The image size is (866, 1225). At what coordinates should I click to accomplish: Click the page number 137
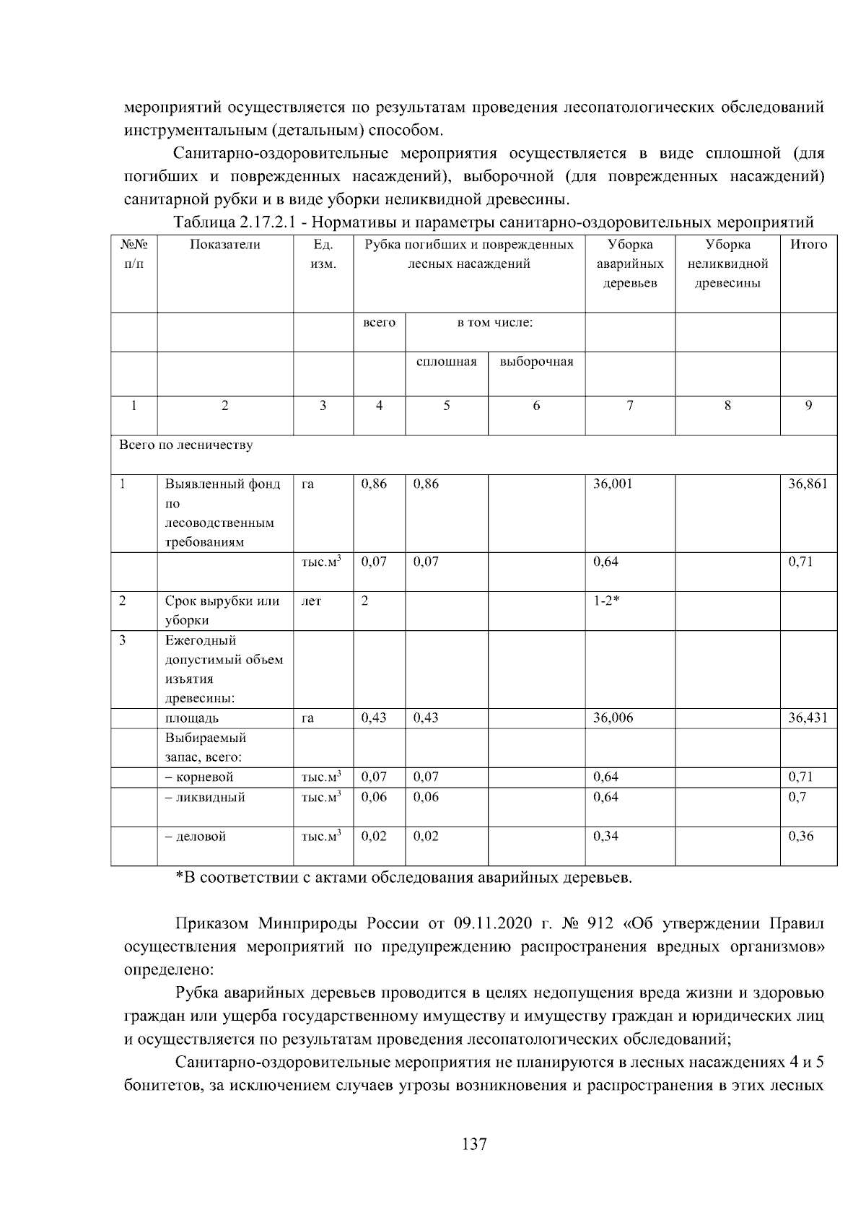coord(474,1145)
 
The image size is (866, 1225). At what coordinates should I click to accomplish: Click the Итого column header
coord(808,245)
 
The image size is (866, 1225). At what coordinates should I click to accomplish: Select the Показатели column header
coord(225,245)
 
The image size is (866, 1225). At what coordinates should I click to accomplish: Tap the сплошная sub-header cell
coord(447,362)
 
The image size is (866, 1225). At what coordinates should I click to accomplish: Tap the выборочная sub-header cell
coord(536,362)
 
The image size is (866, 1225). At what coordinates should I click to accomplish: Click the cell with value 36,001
coord(612,484)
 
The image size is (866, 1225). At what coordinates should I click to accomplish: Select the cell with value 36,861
coord(808,484)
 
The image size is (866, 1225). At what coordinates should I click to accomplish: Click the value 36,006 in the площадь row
coord(613,718)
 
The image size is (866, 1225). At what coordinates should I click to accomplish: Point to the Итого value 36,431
coord(808,718)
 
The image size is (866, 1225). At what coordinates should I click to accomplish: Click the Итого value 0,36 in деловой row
coord(800,836)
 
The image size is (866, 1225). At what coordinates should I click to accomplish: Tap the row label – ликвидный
coord(205,797)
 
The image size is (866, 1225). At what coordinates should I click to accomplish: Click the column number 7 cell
coord(630,406)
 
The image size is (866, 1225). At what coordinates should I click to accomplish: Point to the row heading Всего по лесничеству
coord(186,445)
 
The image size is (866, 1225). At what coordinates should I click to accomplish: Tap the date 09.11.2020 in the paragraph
coord(494,924)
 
